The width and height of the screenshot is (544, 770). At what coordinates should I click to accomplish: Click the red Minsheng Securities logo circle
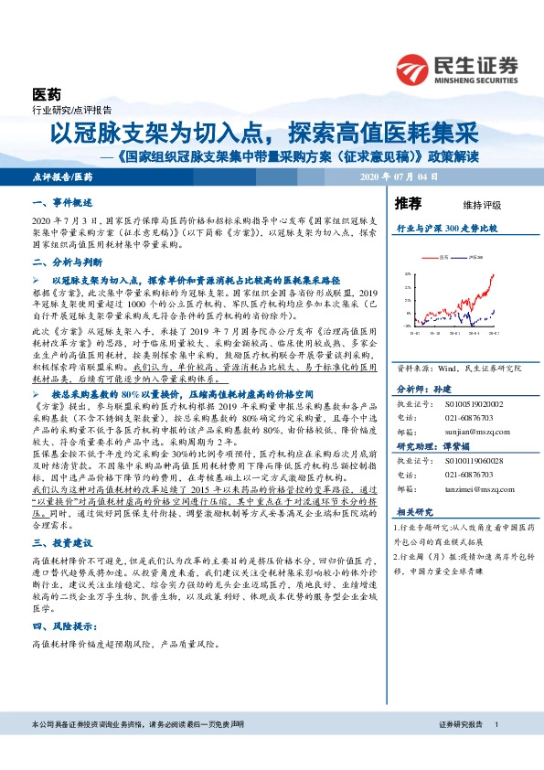coord(416,70)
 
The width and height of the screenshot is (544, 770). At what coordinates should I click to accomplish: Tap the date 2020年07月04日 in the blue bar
coord(400,176)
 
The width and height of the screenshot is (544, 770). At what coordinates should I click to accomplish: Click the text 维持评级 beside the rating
coord(469,205)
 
